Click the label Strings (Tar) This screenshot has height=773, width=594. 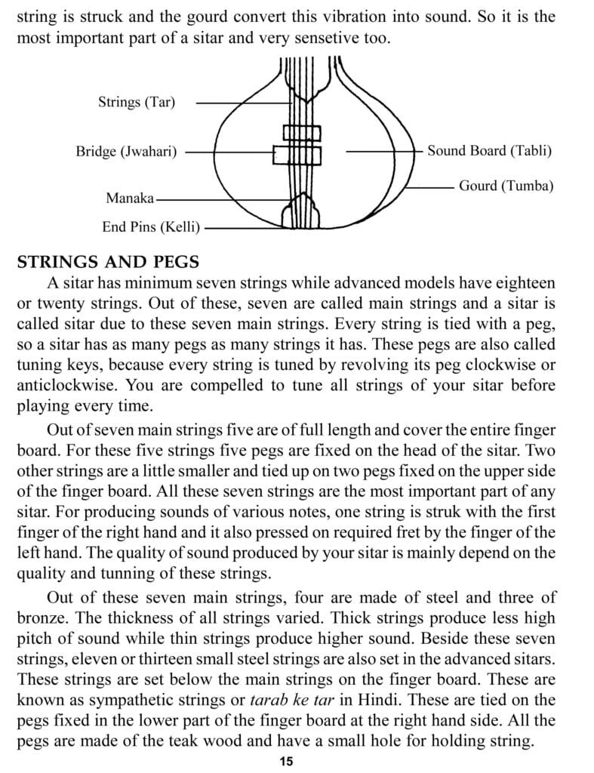click(x=136, y=102)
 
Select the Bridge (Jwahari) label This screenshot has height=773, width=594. click(x=126, y=152)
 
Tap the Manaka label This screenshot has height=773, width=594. click(x=130, y=199)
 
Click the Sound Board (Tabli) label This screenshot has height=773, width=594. click(x=489, y=150)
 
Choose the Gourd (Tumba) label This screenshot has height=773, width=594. click(x=506, y=185)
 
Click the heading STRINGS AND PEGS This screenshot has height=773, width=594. click(x=108, y=262)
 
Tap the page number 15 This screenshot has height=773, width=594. click(x=285, y=761)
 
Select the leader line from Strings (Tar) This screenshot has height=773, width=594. click(x=226, y=103)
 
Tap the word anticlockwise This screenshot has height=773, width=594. click(x=67, y=385)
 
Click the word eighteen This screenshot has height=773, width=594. click(x=522, y=283)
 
